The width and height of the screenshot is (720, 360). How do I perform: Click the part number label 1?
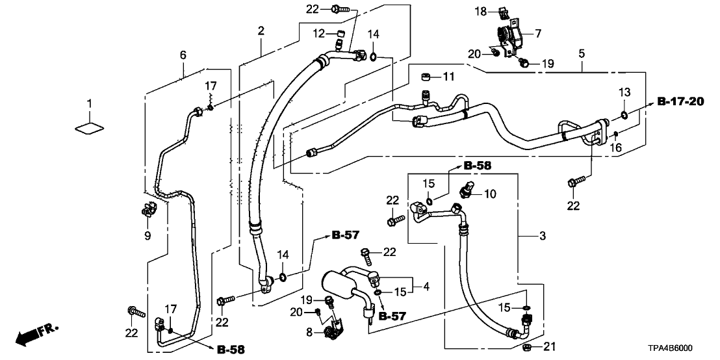(x=90, y=104)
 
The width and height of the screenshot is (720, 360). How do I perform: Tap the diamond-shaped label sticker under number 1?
(x=90, y=127)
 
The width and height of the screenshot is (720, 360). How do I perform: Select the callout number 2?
(x=261, y=31)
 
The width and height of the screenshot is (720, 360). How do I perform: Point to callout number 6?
(x=183, y=56)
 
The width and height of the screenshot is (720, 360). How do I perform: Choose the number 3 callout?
(x=543, y=235)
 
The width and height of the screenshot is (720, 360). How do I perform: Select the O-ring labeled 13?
(x=623, y=116)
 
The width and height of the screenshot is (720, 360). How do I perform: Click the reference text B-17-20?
(x=680, y=101)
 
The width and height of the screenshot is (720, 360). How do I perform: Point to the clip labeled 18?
(x=500, y=11)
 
